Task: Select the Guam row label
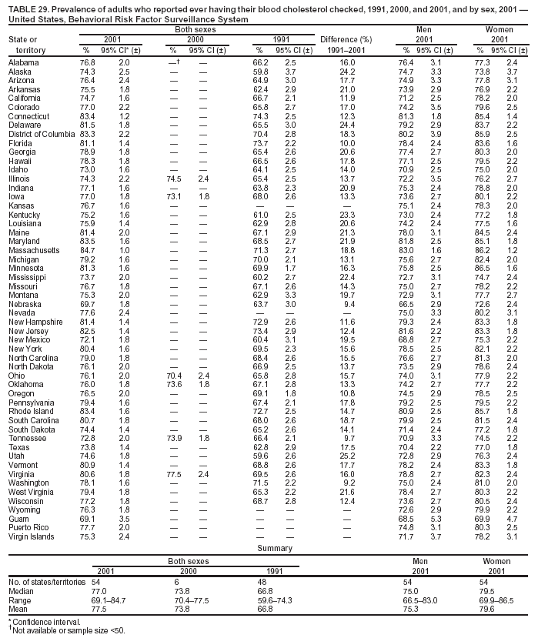click(18, 519)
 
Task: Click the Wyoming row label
click(25, 510)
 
